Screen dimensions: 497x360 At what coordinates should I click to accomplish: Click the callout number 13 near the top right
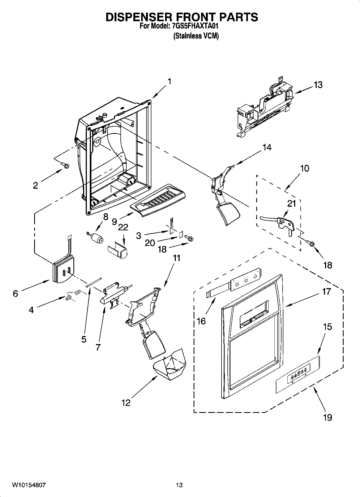tap(318, 85)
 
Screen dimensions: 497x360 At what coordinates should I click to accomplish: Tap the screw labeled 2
tap(65, 165)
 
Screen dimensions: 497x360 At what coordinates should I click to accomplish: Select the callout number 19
tap(327, 417)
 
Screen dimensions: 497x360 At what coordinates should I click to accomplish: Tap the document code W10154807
tap(29, 485)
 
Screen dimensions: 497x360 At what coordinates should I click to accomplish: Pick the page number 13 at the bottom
tap(179, 485)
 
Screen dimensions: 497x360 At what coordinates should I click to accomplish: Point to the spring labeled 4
tap(73, 295)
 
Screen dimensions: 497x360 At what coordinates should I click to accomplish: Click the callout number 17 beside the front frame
tap(326, 291)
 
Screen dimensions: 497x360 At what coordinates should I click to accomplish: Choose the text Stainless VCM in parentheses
tap(196, 36)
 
